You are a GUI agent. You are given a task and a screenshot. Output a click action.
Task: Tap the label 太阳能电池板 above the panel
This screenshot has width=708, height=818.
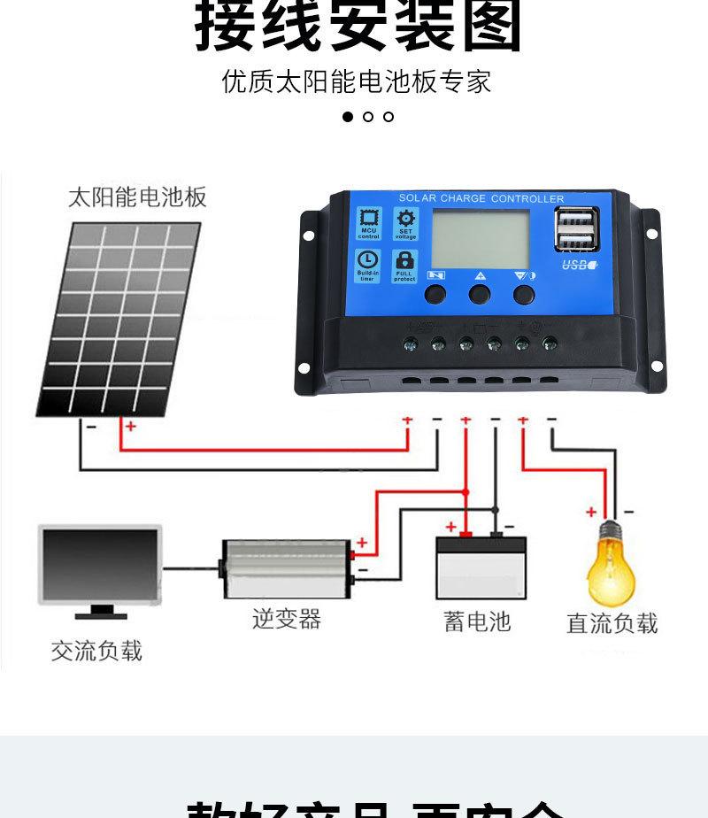pyautogui.click(x=137, y=197)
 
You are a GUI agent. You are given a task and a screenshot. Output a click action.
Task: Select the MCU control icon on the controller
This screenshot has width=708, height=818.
pyautogui.click(x=368, y=224)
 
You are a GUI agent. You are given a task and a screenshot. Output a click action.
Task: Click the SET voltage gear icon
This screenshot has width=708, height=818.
pyautogui.click(x=405, y=224)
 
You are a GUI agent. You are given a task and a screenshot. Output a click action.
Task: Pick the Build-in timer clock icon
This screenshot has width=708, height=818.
pyautogui.click(x=368, y=265)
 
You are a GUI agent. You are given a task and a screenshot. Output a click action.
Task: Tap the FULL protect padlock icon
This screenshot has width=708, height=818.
pyautogui.click(x=405, y=265)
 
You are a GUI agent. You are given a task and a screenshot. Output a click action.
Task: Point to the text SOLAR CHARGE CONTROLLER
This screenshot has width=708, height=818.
pyautogui.click(x=481, y=199)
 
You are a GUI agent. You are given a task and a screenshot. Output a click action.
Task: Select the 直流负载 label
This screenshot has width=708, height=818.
pyautogui.click(x=612, y=623)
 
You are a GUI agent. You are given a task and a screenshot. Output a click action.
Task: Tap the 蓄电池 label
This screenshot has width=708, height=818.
pyautogui.click(x=478, y=621)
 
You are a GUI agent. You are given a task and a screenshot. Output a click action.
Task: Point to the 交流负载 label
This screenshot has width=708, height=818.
pyautogui.click(x=96, y=652)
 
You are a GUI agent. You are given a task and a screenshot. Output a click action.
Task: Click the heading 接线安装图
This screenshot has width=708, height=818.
pyautogui.click(x=358, y=27)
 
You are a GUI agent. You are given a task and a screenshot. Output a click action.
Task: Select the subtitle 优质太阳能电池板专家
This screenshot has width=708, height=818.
pyautogui.click(x=357, y=82)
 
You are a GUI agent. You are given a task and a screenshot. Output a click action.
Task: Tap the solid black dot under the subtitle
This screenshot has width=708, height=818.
pyautogui.click(x=348, y=117)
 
